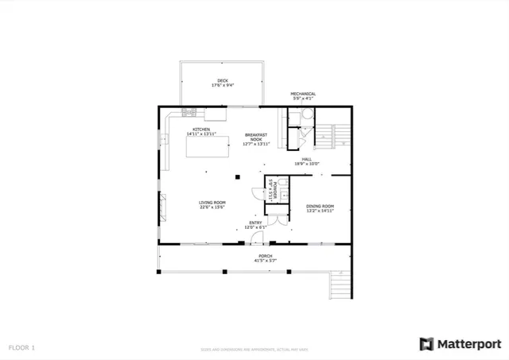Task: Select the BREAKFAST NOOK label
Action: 256,137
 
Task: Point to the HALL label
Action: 306,160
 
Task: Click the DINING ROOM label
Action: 320,207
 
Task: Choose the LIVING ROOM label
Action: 212,203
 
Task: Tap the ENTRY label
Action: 254,223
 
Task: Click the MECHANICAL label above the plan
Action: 303,94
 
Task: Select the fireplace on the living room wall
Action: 162,207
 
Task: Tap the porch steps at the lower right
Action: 338,285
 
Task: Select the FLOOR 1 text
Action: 22,347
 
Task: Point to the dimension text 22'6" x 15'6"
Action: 212,207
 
